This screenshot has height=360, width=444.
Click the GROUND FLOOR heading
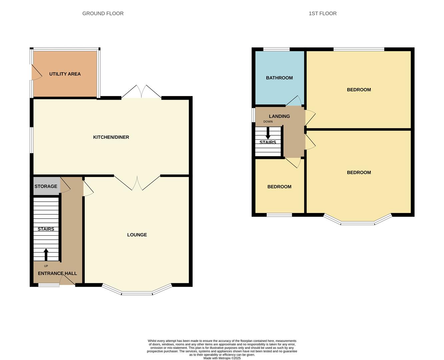tap(103, 14)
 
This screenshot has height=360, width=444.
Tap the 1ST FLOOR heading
tap(322, 14)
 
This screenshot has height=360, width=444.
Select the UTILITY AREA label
tap(65, 74)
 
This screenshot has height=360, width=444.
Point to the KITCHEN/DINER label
tap(111, 137)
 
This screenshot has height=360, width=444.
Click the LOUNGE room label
tap(137, 235)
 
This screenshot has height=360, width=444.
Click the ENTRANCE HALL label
tap(57, 273)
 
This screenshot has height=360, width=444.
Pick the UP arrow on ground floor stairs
tap(46, 255)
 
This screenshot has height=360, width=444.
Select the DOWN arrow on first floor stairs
tap(268, 133)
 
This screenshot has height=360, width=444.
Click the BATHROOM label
tap(279, 78)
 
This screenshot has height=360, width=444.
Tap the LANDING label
tap(279, 116)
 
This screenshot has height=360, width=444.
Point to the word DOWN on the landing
tap(268, 122)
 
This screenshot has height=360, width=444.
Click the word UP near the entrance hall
tap(46, 266)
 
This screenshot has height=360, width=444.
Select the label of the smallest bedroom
tap(279, 187)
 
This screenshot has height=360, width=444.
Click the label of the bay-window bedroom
tap(359, 172)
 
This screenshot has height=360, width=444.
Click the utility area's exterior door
tap(36, 72)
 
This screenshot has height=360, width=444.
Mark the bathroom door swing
tap(293, 101)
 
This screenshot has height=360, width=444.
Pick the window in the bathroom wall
tap(276, 49)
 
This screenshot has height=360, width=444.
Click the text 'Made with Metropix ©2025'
tap(222, 358)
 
